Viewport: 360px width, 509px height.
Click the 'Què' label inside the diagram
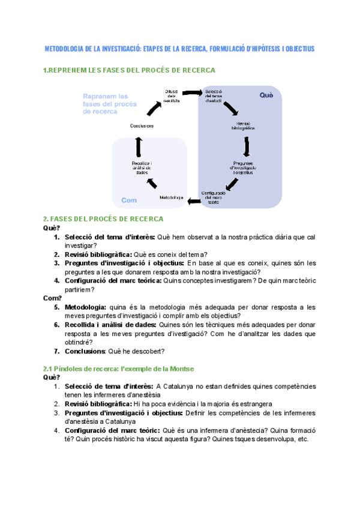point(265,95)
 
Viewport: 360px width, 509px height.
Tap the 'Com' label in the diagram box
point(129,200)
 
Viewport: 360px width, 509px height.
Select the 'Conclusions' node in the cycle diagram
point(142,125)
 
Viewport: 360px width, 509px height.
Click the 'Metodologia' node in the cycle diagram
point(172,197)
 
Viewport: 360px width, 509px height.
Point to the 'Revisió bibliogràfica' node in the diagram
point(242,126)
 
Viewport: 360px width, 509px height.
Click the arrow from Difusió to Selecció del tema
point(192,93)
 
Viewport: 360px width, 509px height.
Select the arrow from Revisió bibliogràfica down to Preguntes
point(247,146)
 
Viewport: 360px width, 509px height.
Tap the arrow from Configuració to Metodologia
point(194,200)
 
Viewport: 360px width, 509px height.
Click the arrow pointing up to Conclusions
point(139,145)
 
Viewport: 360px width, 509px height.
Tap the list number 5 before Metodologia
point(56,307)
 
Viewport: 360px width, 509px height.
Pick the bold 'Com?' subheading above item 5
point(53,298)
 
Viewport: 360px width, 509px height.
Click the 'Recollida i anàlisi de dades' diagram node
point(142,167)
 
